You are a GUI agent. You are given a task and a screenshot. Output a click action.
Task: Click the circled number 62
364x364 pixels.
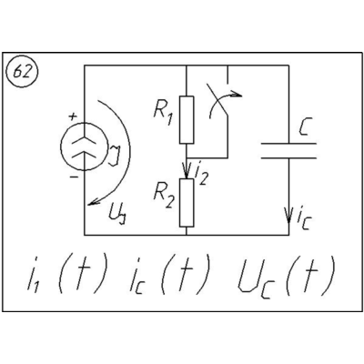pyautogui.click(x=22, y=73)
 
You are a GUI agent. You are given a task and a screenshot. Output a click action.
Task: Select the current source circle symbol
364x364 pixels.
pyautogui.click(x=85, y=147)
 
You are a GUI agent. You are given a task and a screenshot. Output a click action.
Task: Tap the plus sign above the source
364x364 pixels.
pyautogui.click(x=73, y=116)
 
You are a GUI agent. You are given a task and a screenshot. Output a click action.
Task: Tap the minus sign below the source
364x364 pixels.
pyautogui.click(x=74, y=177)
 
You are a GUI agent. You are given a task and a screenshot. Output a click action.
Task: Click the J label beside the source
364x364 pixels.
pyautogui.click(x=116, y=156)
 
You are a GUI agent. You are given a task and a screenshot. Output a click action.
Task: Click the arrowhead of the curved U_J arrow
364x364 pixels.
pyautogui.click(x=94, y=203)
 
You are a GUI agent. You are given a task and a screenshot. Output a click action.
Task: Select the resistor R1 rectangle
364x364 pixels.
pyautogui.click(x=187, y=120)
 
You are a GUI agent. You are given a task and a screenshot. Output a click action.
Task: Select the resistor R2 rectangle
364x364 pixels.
pyautogui.click(x=187, y=203)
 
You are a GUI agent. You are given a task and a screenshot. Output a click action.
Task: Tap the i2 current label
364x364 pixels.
pyautogui.click(x=201, y=175)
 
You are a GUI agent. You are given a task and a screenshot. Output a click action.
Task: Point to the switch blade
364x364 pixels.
pyautogui.click(x=217, y=99)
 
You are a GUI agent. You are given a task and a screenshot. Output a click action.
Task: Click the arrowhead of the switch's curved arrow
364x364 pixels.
pyautogui.click(x=237, y=94)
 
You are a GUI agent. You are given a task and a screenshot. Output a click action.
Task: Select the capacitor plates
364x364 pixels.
pyautogui.click(x=288, y=151)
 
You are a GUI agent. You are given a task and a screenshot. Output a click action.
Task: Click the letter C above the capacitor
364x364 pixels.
pyautogui.click(x=304, y=128)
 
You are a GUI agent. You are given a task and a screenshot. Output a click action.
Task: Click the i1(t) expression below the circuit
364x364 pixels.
pyautogui.click(x=67, y=276)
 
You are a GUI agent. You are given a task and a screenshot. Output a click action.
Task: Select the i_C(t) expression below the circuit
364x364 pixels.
pyautogui.click(x=168, y=276)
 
